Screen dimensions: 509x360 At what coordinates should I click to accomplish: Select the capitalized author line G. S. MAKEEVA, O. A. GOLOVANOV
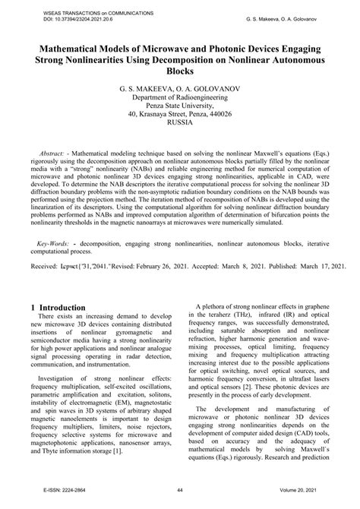coord(180,89)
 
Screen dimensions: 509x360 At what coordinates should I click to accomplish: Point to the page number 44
coord(180,501)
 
